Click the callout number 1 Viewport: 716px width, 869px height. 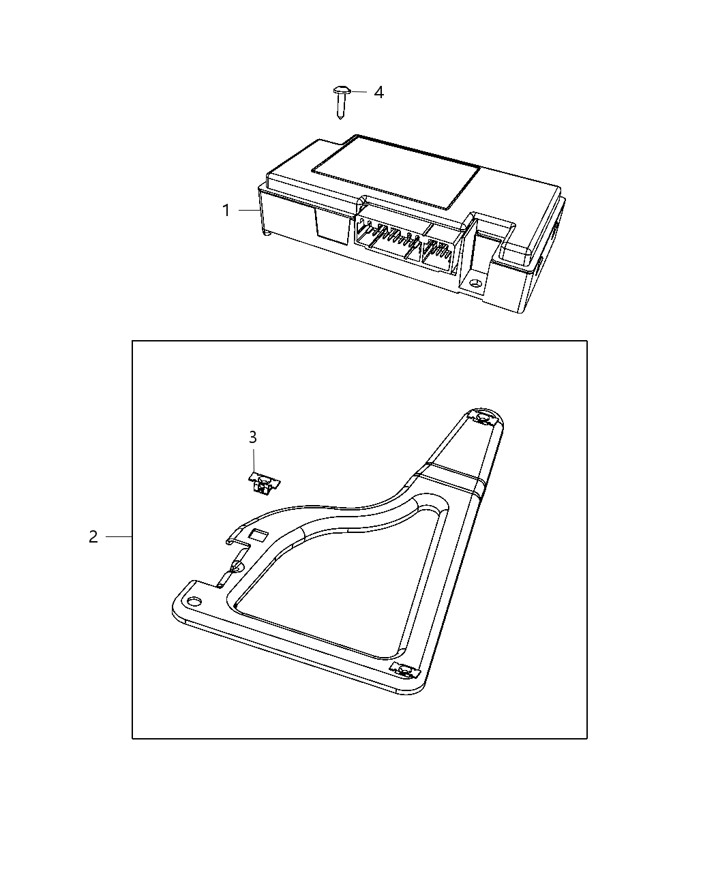pyautogui.click(x=226, y=211)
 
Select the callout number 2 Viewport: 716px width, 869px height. pyautogui.click(x=93, y=537)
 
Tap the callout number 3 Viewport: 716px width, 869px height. pyautogui.click(x=253, y=437)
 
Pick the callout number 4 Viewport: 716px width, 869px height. pyautogui.click(x=378, y=92)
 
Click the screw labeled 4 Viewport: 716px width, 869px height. pyautogui.click(x=340, y=101)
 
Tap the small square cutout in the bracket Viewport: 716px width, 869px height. pyautogui.click(x=259, y=534)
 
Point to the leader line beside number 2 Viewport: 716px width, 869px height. pyautogui.click(x=119, y=537)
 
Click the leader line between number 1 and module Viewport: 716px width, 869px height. pyautogui.click(x=248, y=211)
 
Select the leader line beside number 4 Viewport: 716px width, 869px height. pyautogui.click(x=359, y=91)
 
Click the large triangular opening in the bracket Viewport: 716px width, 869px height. pyautogui.click(x=334, y=579)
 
